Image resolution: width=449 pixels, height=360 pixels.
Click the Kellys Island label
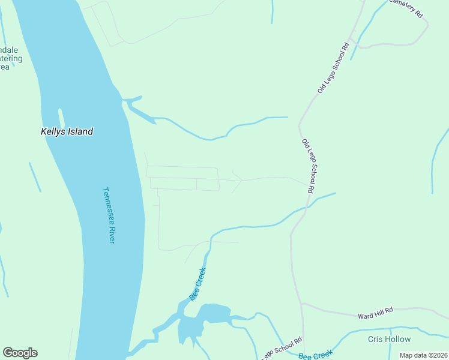click(x=67, y=131)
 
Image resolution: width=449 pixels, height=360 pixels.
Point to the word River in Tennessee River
click(x=111, y=233)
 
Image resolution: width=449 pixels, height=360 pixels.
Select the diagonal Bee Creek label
click(x=198, y=283)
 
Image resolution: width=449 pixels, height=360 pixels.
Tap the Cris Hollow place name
click(x=389, y=339)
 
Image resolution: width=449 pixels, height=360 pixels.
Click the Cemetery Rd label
click(x=406, y=7)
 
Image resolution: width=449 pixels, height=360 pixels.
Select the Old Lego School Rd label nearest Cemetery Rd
click(x=333, y=67)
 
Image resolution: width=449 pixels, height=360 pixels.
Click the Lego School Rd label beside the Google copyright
click(x=281, y=348)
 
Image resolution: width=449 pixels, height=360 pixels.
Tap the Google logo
click(x=20, y=353)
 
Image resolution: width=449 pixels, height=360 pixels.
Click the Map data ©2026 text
click(x=423, y=355)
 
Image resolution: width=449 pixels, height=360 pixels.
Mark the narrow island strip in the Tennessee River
click(x=61, y=118)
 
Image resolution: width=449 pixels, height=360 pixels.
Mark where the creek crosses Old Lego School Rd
click(x=307, y=207)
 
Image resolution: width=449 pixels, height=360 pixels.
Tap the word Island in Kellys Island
click(x=80, y=131)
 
